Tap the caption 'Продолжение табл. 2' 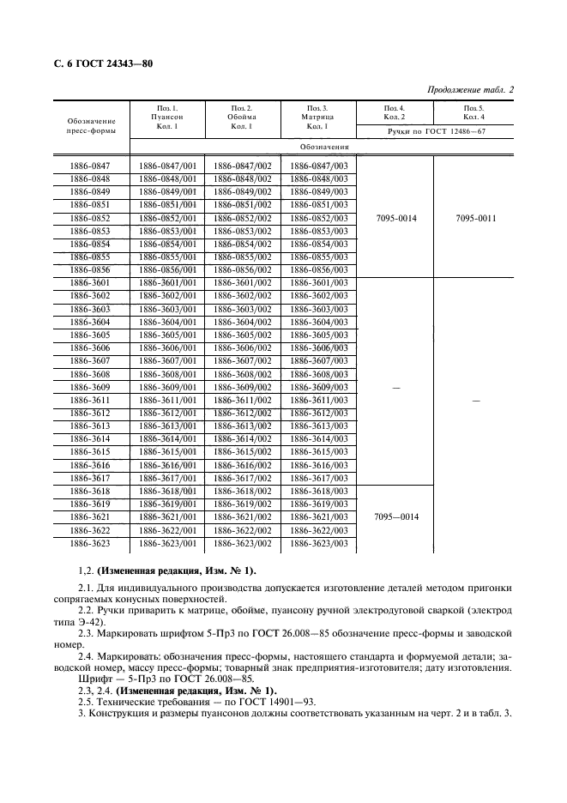tap(468, 90)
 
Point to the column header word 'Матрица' tap(317, 117)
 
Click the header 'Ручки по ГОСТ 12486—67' tap(436, 130)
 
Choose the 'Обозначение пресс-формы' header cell tap(89, 127)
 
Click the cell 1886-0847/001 tap(166, 166)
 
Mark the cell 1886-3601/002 tap(242, 282)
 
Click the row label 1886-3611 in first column tap(89, 400)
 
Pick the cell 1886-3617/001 tap(166, 478)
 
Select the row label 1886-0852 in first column tap(89, 218)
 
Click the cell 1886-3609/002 tap(242, 387)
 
